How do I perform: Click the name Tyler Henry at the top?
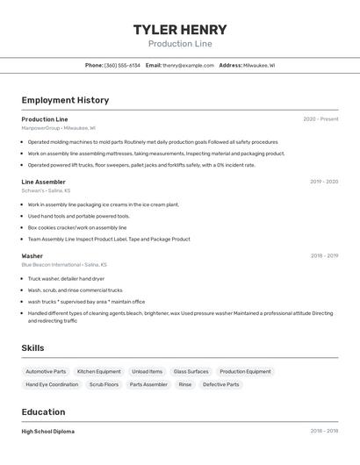pos(180,29)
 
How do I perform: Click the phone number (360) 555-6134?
pos(122,65)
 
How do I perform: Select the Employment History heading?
pos(65,100)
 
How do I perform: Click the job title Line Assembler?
pos(43,182)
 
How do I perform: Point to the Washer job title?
pos(32,256)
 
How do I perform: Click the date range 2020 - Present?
pos(320,119)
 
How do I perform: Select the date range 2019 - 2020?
pos(324,182)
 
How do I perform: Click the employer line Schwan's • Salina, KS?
pos(46,190)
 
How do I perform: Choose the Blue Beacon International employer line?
pos(64,264)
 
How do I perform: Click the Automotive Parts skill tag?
pos(46,371)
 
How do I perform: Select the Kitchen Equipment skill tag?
pos(99,371)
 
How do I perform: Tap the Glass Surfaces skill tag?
pos(191,371)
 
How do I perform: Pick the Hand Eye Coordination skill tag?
pos(52,384)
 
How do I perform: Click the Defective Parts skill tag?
pos(220,384)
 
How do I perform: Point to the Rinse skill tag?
pos(185,384)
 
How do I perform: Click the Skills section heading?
pos(32,348)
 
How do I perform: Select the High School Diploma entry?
pos(47,432)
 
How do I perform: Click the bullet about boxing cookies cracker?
pos(77,227)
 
